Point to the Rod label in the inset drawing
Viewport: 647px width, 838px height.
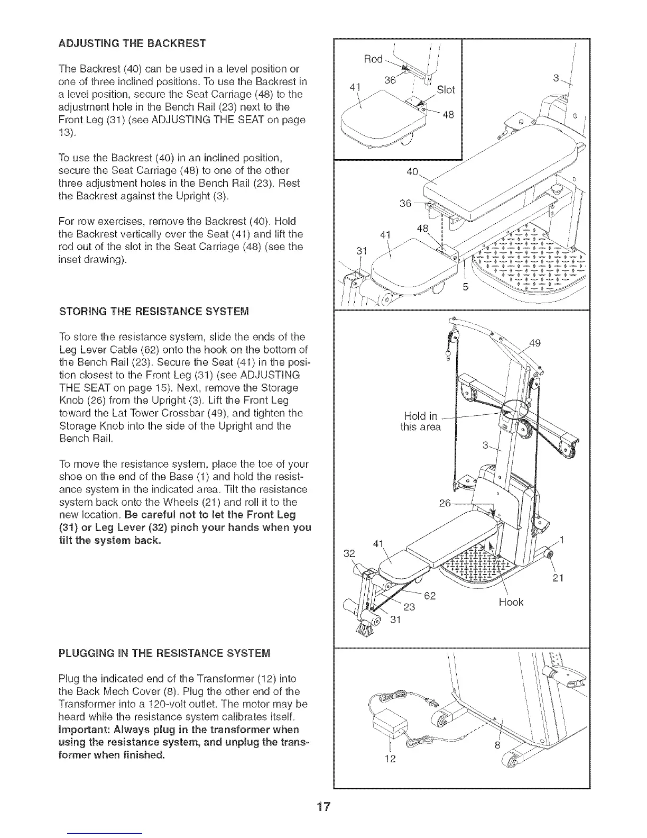coord(373,59)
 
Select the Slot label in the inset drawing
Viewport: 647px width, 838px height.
coord(446,90)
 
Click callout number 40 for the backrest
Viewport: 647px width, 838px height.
coord(412,171)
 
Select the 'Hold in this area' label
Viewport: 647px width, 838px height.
coord(420,421)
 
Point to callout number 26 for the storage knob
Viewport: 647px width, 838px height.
coord(445,503)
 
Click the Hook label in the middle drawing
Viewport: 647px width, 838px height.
coord(511,602)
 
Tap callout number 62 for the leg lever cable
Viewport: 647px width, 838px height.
coord(430,597)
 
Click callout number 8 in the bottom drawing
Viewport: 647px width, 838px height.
coord(497,746)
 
